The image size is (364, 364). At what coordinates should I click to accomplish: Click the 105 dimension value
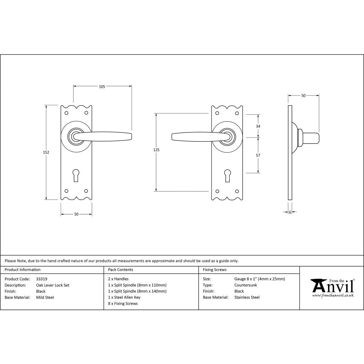102,87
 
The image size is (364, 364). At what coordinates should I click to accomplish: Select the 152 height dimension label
46,152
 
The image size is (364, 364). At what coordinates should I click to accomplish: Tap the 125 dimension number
157,150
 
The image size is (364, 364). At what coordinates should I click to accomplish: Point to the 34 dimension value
258,126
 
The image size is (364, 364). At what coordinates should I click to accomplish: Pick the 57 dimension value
258,155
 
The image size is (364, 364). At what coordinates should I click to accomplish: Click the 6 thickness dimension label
290,212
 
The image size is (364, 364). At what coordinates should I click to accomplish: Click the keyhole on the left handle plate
76,175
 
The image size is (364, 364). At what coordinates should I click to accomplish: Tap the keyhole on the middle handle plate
227,175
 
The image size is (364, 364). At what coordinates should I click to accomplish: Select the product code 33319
42,279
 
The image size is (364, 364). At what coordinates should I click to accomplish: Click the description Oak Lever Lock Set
53,285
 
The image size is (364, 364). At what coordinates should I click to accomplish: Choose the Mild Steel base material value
45,297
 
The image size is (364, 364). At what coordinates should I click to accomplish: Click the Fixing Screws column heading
215,270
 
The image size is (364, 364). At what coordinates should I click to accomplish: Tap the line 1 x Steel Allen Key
124,297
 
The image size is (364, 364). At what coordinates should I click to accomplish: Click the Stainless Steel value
247,297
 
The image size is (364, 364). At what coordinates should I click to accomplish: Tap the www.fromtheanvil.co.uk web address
333,296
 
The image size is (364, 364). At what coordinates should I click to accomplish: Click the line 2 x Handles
118,279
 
